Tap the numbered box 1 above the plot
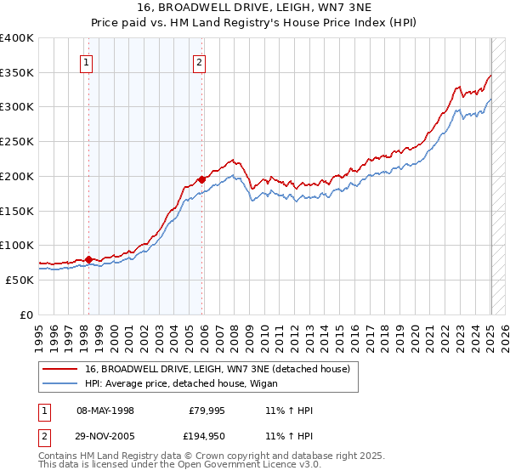[88, 61]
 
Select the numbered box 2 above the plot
[198, 61]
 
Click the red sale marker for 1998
[88, 259]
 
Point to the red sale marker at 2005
[201, 179]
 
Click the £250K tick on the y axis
[18, 142]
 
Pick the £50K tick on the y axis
[21, 280]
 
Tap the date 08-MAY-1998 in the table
[105, 411]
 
